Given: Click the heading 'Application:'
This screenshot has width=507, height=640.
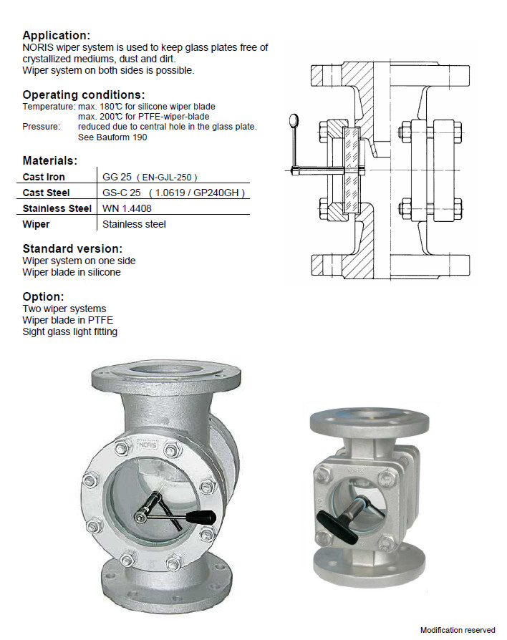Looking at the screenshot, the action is pos(57,35).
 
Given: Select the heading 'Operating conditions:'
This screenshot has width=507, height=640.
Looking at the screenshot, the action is pos(84,94).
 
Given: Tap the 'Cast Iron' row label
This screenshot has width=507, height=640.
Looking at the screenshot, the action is pos(44,177).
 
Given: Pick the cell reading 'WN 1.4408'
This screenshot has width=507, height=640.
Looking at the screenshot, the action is pos(127,208).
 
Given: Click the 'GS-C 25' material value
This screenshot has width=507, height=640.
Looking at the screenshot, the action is pos(122,193).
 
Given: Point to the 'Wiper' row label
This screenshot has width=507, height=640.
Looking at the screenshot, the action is pos(36,224).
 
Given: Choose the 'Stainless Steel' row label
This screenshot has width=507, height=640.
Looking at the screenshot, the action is pos(57,208).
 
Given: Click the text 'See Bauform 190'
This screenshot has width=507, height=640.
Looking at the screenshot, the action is pos(112,137).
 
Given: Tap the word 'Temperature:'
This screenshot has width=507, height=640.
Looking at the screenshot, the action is pos(49,107).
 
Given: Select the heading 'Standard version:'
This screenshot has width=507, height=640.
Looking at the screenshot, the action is pos(72,248).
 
